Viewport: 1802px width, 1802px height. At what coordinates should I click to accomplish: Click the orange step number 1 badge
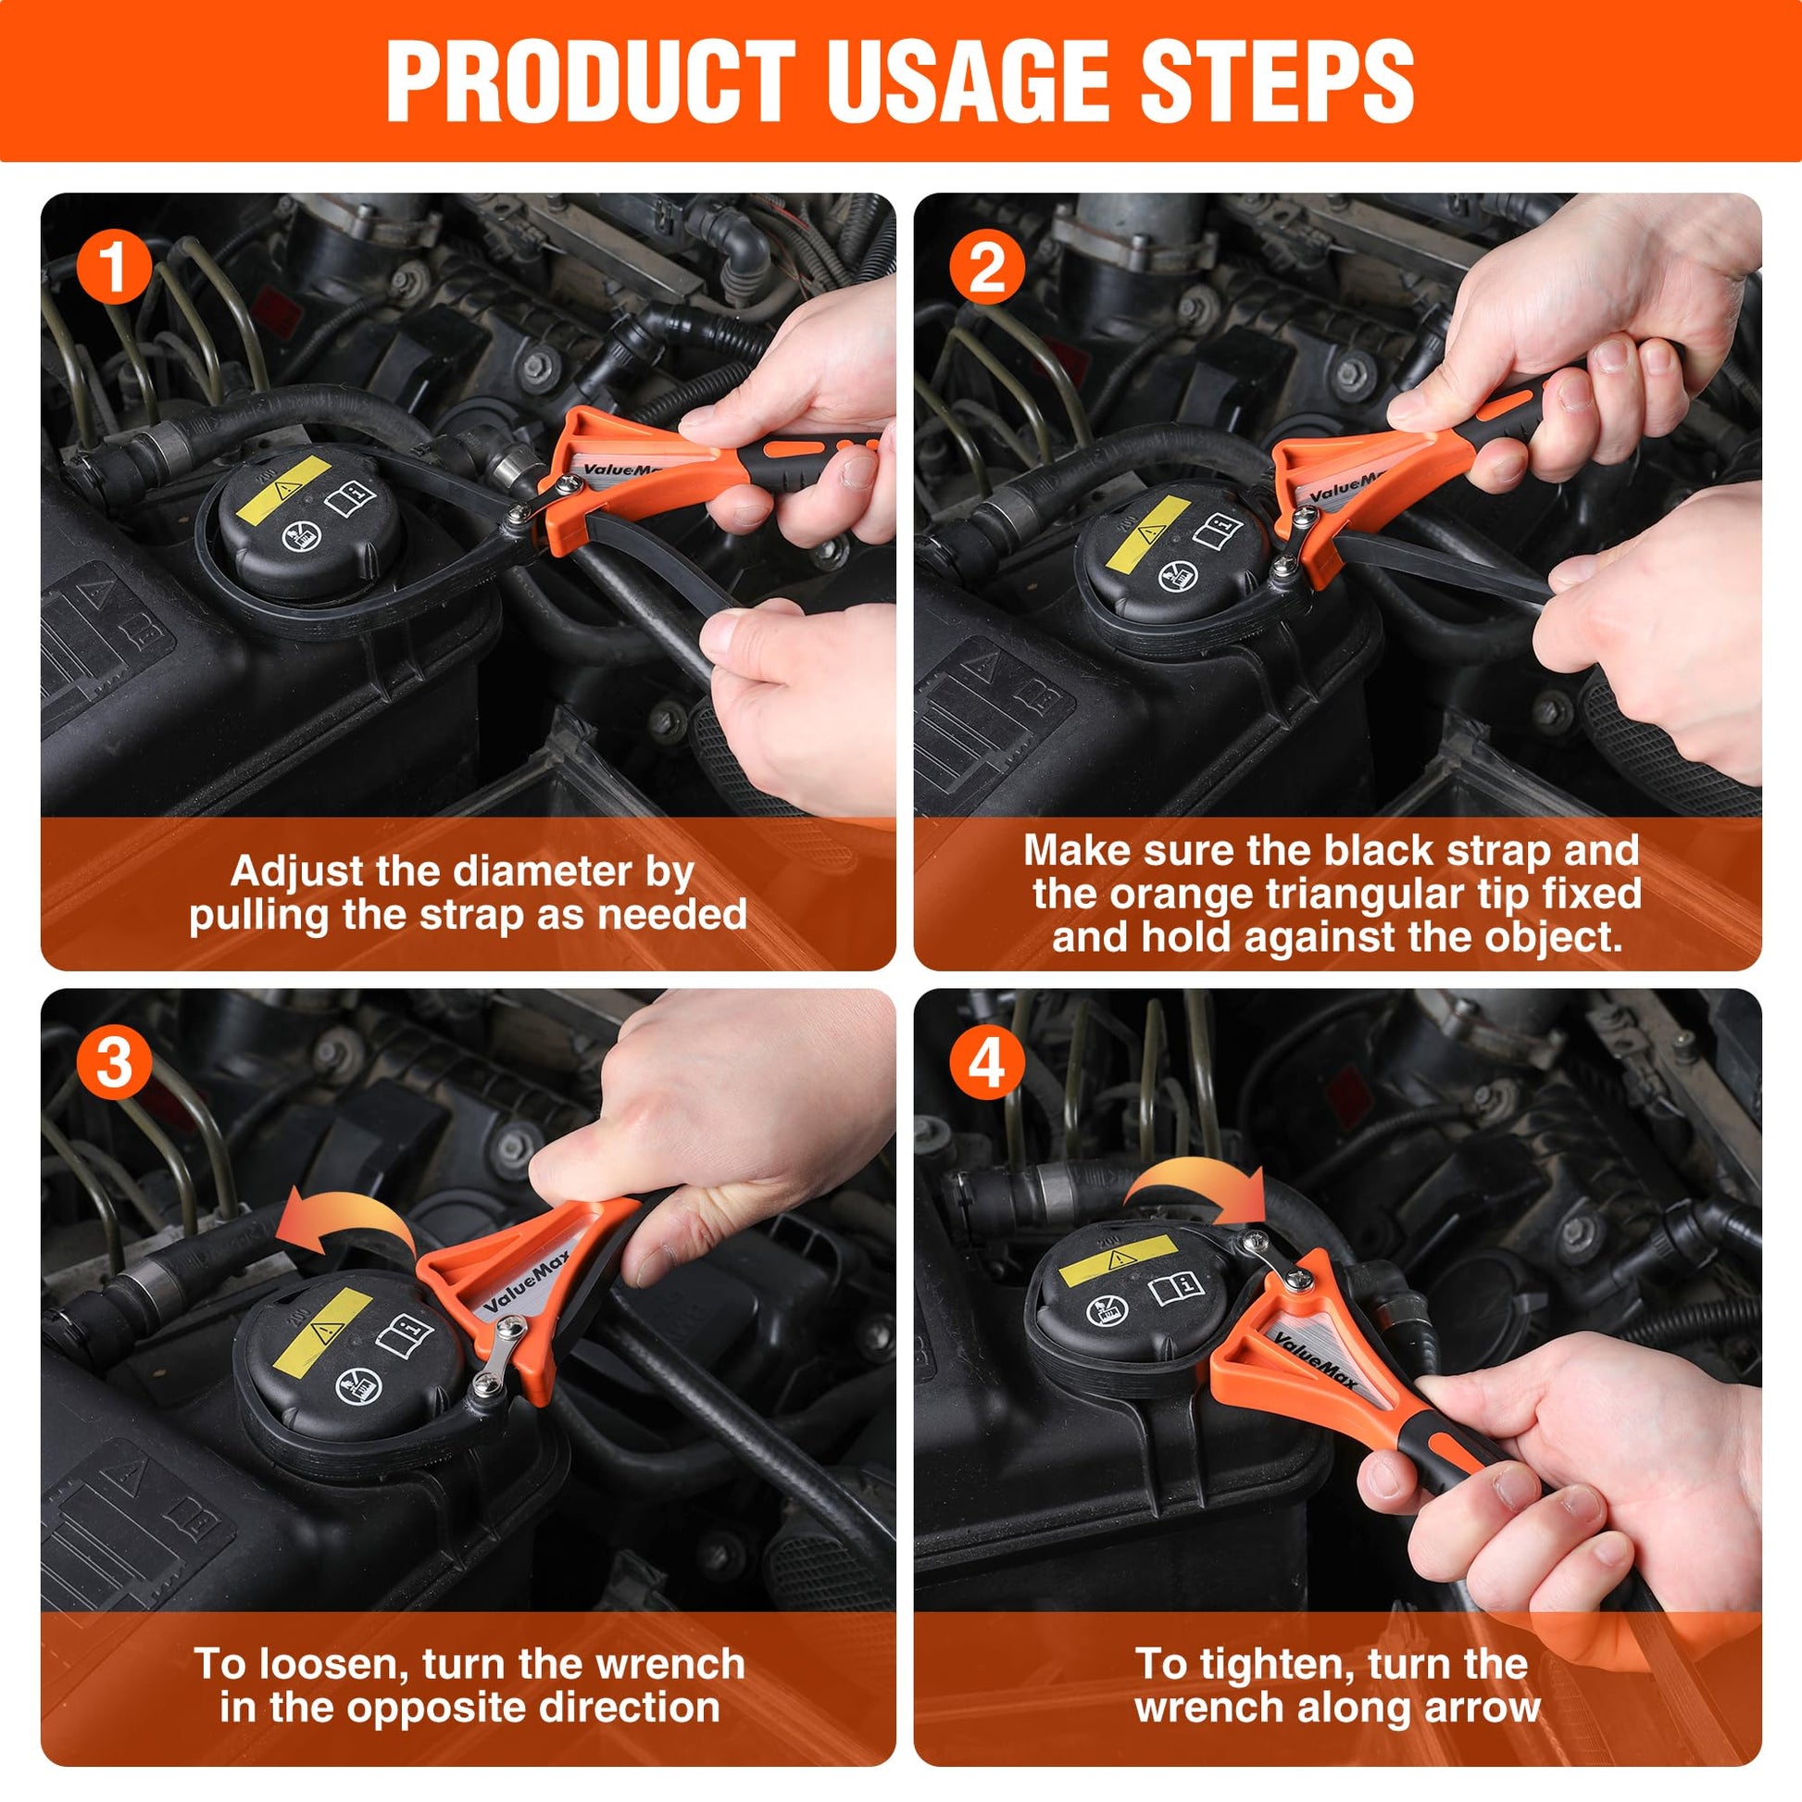click(x=113, y=267)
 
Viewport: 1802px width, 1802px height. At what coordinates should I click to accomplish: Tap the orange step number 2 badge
click(x=987, y=267)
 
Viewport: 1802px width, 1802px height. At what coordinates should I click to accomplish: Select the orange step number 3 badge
click(x=113, y=1062)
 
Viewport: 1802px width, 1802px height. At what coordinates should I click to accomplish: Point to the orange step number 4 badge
click(x=987, y=1062)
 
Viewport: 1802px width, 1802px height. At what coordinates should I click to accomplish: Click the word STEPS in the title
click(x=1275, y=82)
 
